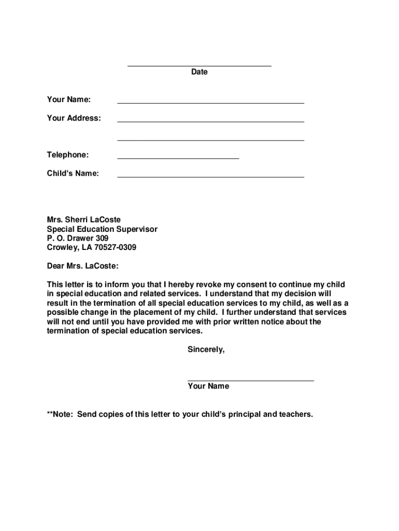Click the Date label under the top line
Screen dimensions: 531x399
[x=199, y=72]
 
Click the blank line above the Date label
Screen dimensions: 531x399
[x=199, y=66]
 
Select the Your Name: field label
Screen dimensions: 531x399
[x=68, y=100]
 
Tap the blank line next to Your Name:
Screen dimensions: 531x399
[x=210, y=103]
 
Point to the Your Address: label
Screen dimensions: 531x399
[x=74, y=118]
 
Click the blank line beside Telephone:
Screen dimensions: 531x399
[x=178, y=158]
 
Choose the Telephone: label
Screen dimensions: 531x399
[x=67, y=155]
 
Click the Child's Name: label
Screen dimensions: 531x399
[x=73, y=174]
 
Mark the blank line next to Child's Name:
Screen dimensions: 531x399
[x=210, y=177]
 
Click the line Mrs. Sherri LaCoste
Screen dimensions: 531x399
[x=83, y=220]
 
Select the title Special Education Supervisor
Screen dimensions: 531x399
[x=102, y=229]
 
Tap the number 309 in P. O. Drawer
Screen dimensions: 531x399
[x=102, y=239]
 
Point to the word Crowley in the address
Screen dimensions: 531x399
[x=61, y=248]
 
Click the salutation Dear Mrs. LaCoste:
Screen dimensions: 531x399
[x=82, y=267]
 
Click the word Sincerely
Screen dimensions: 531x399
[x=206, y=350]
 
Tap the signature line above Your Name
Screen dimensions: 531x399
[x=250, y=381]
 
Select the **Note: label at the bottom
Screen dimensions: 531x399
[x=60, y=414]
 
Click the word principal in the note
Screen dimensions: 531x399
[x=244, y=414]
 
